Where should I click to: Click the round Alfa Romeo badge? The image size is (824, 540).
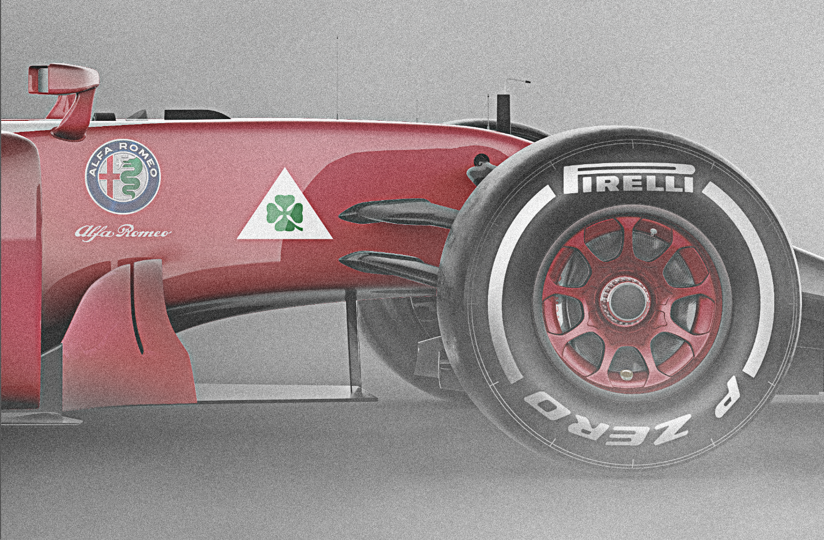point(123,177)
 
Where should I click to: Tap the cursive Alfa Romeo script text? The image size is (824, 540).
point(123,232)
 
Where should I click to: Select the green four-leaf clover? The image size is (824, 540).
point(285,213)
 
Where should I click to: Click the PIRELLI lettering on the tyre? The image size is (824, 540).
point(628,179)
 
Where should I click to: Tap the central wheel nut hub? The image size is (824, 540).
point(625,301)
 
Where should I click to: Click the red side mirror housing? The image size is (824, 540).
point(64,79)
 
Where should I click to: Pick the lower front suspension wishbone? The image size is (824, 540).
point(390,267)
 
